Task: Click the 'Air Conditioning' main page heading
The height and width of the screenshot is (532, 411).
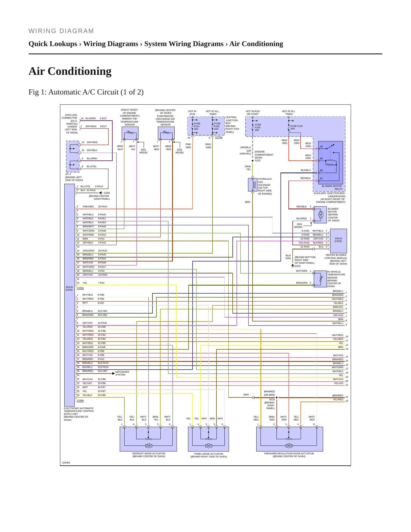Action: point(70,71)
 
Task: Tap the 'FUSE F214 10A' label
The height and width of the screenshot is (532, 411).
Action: point(197,126)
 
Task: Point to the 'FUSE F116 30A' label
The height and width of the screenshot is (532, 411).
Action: point(296,127)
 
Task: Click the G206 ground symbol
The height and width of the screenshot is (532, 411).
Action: point(101,193)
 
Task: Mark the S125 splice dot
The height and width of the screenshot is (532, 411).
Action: point(253,160)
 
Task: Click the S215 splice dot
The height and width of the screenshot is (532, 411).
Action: point(276,397)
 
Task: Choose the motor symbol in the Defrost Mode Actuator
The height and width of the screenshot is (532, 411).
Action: point(148,446)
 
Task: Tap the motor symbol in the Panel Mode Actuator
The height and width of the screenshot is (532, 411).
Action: point(208,446)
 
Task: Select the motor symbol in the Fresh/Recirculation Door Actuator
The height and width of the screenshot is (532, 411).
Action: point(289,446)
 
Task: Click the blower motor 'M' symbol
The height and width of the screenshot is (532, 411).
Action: point(321,215)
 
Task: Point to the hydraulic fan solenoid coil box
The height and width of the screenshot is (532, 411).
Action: point(253,185)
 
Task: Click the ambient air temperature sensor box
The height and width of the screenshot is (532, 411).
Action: point(130,133)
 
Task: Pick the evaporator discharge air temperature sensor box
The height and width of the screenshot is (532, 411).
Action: point(166,133)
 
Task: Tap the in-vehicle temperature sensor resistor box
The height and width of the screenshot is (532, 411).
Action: point(320,279)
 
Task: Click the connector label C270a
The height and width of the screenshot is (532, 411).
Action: point(219,137)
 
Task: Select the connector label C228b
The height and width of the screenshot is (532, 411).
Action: point(80,401)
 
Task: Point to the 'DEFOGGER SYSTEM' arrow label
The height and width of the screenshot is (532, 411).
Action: point(122,373)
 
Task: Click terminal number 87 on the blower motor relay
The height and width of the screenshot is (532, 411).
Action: point(321,179)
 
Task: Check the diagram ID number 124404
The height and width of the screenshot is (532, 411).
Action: point(66,463)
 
